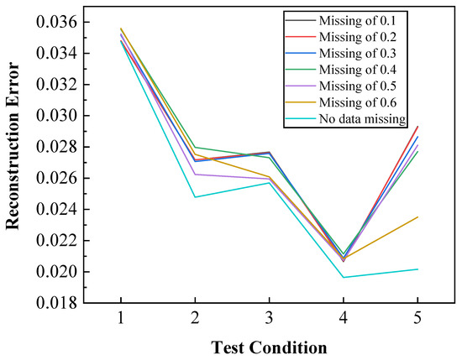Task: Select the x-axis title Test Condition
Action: click(269, 346)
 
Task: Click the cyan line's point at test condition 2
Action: click(195, 197)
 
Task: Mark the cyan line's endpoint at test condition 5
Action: click(417, 269)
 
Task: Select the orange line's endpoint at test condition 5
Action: click(417, 217)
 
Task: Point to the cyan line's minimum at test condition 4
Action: click(344, 278)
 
